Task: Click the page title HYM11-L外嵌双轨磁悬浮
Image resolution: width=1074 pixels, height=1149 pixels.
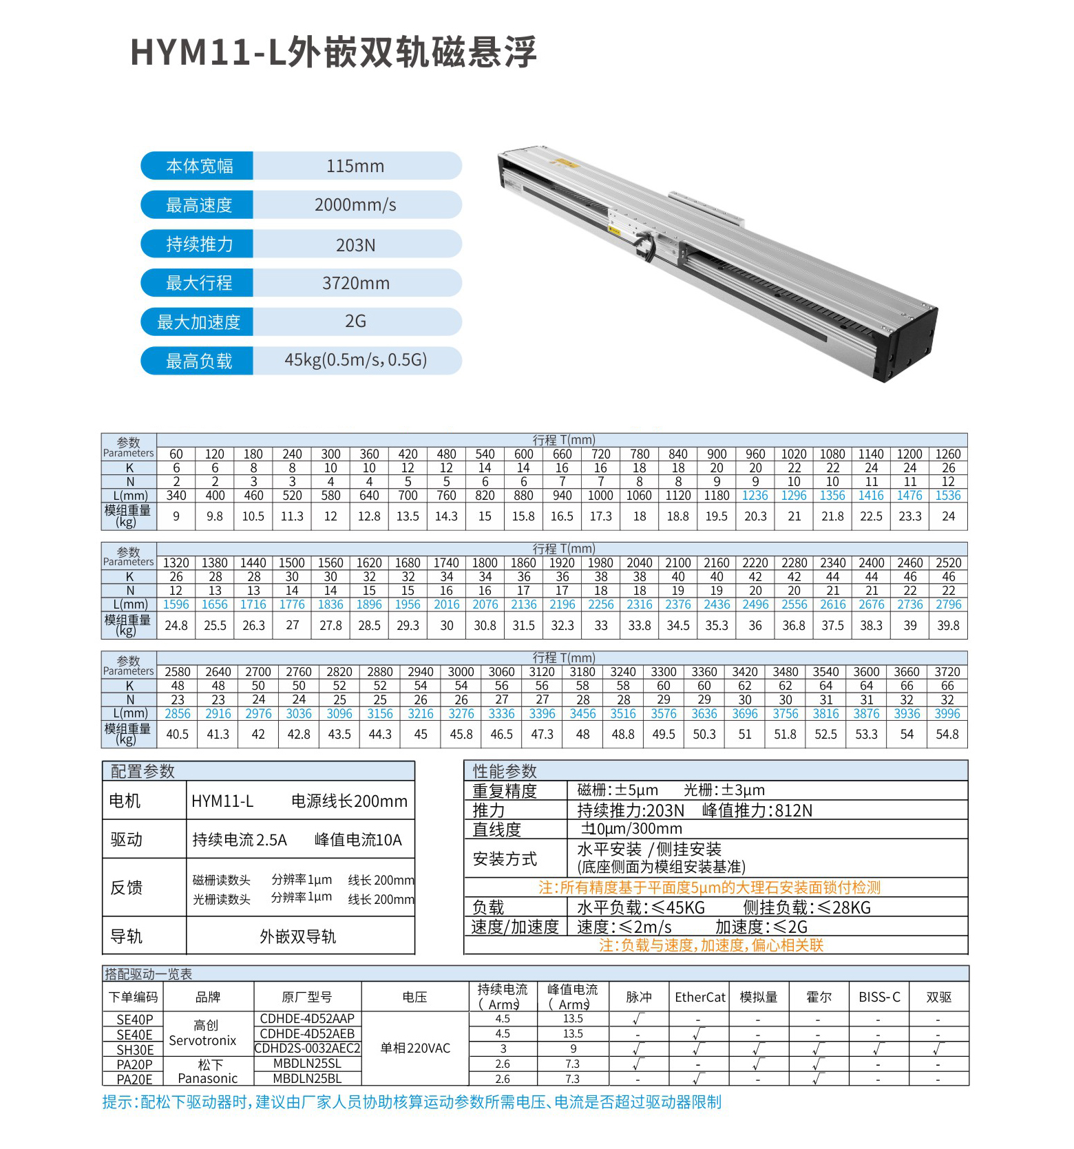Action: tap(333, 52)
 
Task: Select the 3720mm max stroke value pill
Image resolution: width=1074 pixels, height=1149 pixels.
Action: tap(356, 283)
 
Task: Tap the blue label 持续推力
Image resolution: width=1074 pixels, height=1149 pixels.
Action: tap(198, 244)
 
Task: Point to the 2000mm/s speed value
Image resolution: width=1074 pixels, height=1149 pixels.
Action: tap(355, 205)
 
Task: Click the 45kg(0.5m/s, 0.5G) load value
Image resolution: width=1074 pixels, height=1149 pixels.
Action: tap(356, 360)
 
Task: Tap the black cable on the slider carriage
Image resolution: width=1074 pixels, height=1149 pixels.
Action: tap(645, 244)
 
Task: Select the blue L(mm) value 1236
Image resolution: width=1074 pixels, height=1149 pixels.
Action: tap(755, 496)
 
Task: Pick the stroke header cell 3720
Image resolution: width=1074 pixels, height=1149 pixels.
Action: tap(947, 672)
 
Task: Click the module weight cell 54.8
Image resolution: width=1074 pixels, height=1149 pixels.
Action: tap(947, 735)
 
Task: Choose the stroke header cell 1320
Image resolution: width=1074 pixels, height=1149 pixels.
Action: tap(176, 563)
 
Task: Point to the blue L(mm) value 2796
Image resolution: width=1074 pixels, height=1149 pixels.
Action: tap(948, 604)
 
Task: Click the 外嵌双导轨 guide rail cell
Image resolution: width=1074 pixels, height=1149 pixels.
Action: tap(298, 936)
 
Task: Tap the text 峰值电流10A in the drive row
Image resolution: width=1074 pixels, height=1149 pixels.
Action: tap(358, 840)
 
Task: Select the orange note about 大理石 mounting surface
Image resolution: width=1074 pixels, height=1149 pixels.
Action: tap(709, 887)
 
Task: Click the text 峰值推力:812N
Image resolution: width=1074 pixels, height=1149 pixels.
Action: tap(757, 811)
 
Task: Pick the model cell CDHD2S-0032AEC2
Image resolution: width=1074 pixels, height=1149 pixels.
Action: tap(307, 1048)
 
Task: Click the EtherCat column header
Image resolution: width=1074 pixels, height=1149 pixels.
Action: tap(699, 997)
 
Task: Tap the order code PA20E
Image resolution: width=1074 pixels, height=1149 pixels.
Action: tap(135, 1079)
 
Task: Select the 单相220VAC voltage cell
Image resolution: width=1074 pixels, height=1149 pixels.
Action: tap(415, 1048)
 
